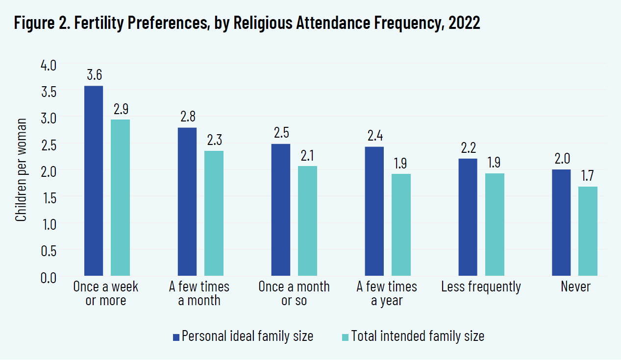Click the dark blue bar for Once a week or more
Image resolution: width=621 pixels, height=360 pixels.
click(x=94, y=181)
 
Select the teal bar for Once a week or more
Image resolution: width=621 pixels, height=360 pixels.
click(x=120, y=198)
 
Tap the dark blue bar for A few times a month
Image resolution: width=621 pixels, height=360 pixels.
click(x=187, y=202)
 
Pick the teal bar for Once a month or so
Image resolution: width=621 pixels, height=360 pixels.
click(x=307, y=221)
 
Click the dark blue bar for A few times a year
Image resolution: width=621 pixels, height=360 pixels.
click(x=374, y=212)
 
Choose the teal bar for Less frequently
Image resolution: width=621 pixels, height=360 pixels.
click(x=495, y=225)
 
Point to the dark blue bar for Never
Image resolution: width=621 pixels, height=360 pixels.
click(x=561, y=223)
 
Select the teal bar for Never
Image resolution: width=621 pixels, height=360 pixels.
click(x=588, y=231)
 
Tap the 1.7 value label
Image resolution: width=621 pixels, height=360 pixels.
click(x=588, y=176)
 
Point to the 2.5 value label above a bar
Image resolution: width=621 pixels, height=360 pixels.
click(x=281, y=133)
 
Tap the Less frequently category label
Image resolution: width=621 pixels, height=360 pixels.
click(x=481, y=287)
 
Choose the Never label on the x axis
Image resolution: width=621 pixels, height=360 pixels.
click(x=575, y=287)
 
